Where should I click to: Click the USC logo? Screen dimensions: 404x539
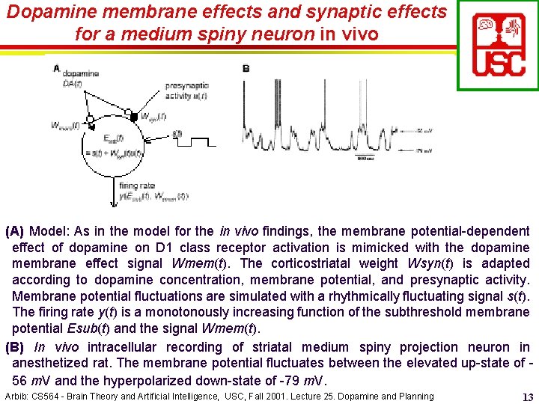coord(498,46)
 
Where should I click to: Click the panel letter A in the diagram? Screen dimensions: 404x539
coord(57,68)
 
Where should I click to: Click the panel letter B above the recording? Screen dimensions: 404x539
coord(246,68)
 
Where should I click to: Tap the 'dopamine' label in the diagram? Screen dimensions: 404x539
coord(81,73)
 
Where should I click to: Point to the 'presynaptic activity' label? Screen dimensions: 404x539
coord(187,90)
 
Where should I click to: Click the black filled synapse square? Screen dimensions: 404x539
coord(134,117)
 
